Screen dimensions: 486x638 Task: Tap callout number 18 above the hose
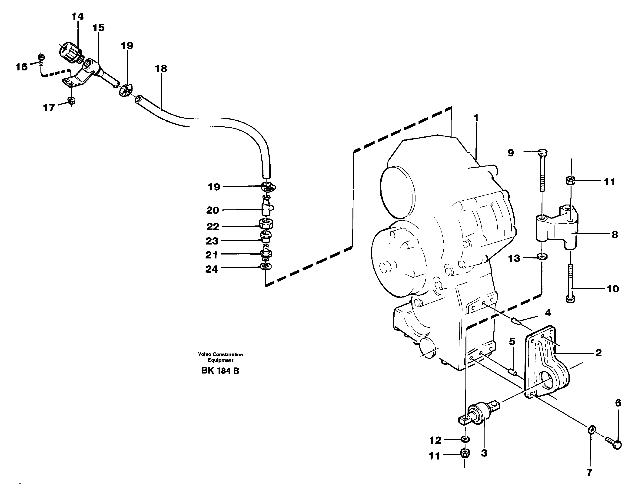pyautogui.click(x=161, y=69)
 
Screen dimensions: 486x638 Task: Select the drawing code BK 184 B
pyautogui.click(x=220, y=371)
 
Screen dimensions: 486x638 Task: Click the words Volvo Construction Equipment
pyautogui.click(x=220, y=357)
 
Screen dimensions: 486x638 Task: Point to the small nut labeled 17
pyautogui.click(x=71, y=101)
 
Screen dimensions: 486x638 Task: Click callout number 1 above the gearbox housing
pyautogui.click(x=476, y=118)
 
